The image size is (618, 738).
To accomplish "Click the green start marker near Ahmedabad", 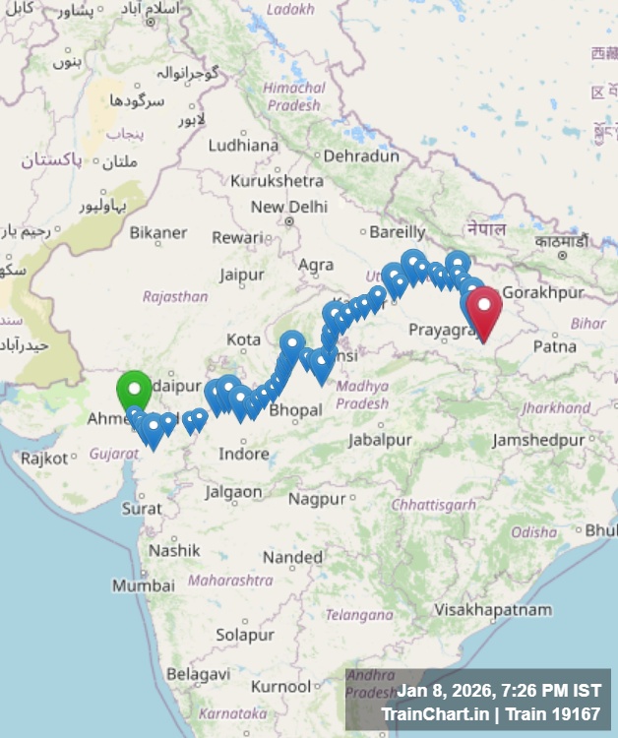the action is [134, 391].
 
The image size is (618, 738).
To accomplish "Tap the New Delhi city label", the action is [288, 207].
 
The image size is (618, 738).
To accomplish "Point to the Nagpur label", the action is [317, 499].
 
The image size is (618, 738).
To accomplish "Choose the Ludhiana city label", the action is [243, 145].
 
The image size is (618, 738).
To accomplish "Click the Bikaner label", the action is [158, 232].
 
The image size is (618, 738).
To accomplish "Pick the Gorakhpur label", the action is [543, 292].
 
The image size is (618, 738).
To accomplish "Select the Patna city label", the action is [554, 346].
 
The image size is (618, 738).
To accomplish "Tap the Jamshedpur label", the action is [538, 440].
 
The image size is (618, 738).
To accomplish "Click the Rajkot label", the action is [44, 458].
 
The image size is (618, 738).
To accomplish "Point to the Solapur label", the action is [245, 635].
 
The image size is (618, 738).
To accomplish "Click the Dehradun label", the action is [361, 155].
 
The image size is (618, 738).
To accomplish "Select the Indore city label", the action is [243, 454].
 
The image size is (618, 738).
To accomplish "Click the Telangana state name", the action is [359, 615].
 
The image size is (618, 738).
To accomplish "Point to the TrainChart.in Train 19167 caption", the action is [490, 714].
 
